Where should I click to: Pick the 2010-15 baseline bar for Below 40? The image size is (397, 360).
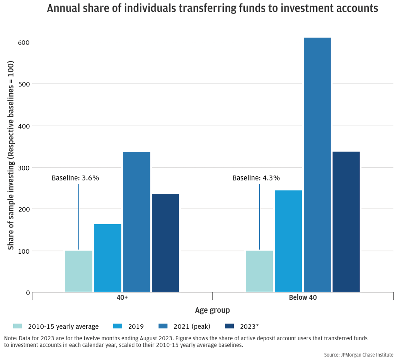tap(259, 271)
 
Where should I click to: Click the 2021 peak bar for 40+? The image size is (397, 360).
tap(136, 222)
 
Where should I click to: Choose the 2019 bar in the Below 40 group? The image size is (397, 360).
tap(288, 241)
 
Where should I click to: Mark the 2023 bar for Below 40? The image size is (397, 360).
tap(346, 222)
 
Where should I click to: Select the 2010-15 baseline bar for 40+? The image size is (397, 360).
tap(78, 271)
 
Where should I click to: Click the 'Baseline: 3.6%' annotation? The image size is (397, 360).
tap(75, 178)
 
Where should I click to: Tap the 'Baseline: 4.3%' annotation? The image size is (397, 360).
tap(256, 178)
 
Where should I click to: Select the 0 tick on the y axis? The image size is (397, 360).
tap(28, 293)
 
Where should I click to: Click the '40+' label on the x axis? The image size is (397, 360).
tap(122, 297)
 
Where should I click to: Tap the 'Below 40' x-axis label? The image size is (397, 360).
tap(303, 297)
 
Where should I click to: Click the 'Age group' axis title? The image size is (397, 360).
tap(212, 310)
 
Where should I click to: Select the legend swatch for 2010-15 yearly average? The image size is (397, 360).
tap(18, 326)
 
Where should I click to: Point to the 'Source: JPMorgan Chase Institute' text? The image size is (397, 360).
tap(359, 355)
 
